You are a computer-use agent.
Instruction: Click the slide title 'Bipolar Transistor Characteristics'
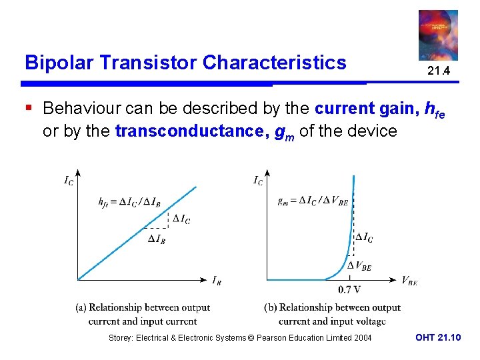[x=185, y=63]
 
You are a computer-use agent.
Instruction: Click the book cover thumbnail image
[x=438, y=35]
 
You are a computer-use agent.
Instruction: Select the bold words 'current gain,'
[x=367, y=108]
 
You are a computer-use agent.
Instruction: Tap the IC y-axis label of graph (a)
[x=69, y=180]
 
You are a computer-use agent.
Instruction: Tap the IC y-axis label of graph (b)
[x=258, y=180]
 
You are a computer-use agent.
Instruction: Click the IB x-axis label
[x=217, y=281]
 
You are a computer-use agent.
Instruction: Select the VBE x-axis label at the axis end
[x=409, y=281]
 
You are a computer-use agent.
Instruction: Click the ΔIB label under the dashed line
[x=157, y=239]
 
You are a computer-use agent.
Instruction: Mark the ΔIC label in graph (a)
[x=181, y=219]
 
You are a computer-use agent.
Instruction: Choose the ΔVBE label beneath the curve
[x=359, y=267]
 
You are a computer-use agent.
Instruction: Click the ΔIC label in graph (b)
[x=364, y=237]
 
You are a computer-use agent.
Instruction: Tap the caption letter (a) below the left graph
[x=81, y=307]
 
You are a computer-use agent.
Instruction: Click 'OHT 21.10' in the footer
[x=437, y=338]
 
